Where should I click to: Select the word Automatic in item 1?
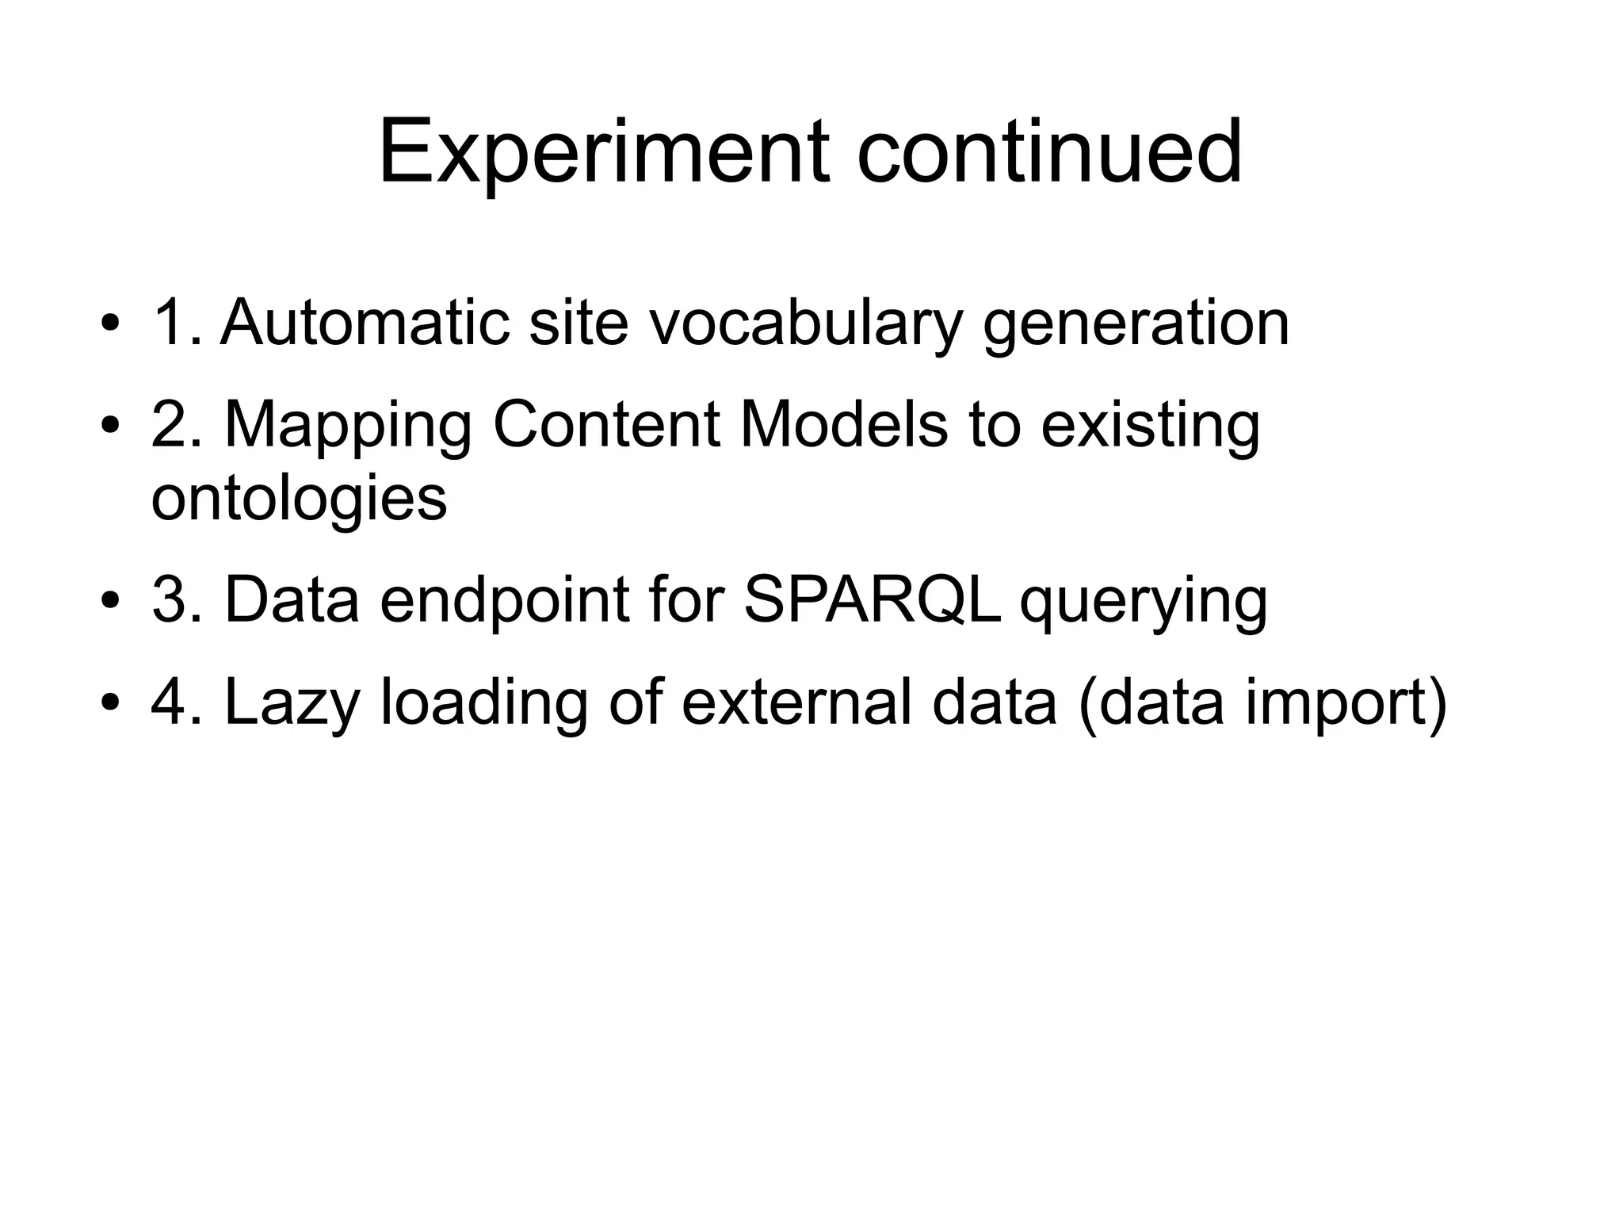click(365, 323)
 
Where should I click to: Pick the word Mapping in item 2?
click(348, 427)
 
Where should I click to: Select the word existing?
click(1150, 427)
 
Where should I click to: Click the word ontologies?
click(299, 501)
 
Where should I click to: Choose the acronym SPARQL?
click(873, 599)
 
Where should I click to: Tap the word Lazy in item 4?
click(292, 704)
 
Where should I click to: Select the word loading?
click(484, 704)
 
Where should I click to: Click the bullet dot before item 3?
click(110, 600)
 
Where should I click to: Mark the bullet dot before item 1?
click(110, 324)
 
